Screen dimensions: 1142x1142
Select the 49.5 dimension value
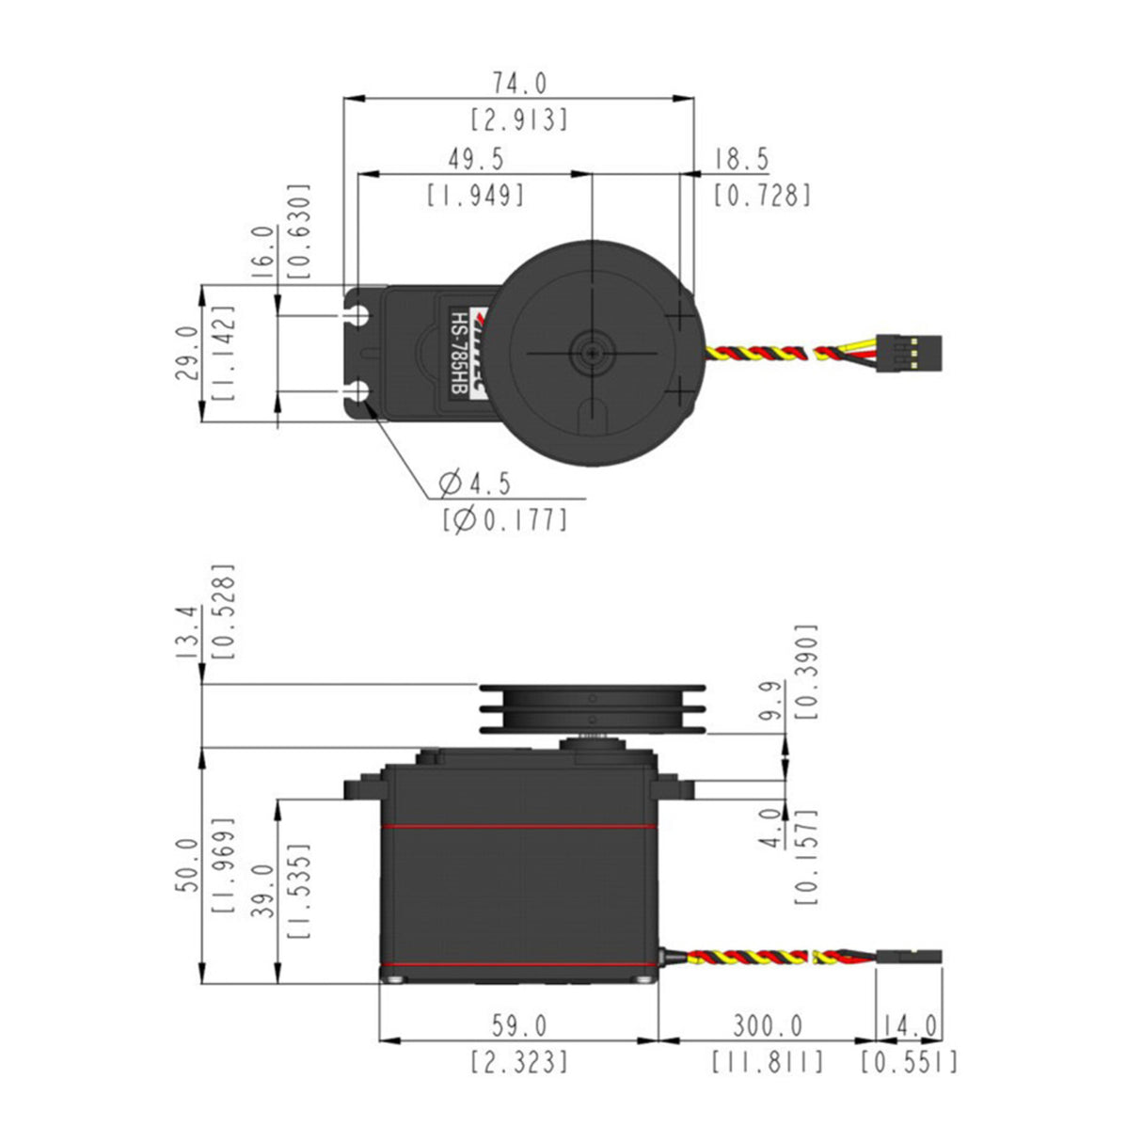pyautogui.click(x=475, y=159)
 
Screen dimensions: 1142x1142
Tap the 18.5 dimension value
pyautogui.click(x=741, y=159)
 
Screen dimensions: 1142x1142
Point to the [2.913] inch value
pyautogui.click(x=519, y=119)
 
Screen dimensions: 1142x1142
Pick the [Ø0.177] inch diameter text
pyautogui.click(x=505, y=519)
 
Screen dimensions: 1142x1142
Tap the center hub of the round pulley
pyautogui.click(x=592, y=352)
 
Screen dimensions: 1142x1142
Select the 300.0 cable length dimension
pyautogui.click(x=767, y=1024)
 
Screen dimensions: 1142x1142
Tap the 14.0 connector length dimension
pyautogui.click(x=911, y=1024)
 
